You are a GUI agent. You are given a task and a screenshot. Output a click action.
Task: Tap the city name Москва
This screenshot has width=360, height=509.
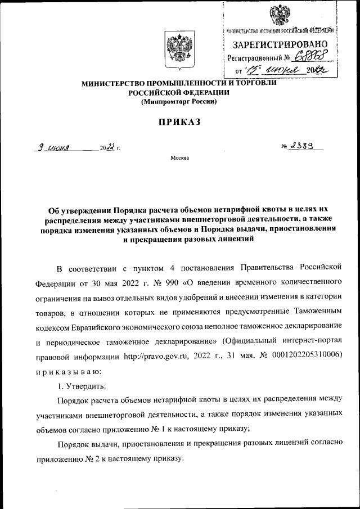pyautogui.click(x=179, y=158)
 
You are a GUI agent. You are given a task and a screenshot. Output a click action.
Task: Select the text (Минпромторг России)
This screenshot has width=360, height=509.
pyautogui.click(x=178, y=102)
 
